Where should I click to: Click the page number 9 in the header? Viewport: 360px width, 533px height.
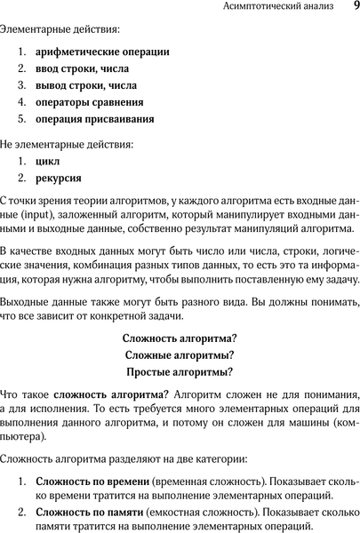pos(355,8)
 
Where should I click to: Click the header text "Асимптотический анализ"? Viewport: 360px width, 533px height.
pos(278,9)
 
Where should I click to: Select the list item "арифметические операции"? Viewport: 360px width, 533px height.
pos(103,52)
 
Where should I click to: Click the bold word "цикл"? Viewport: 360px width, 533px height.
pos(48,163)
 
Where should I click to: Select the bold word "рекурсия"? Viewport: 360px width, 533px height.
pos(58,180)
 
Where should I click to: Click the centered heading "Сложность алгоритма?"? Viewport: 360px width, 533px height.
pos(180,338)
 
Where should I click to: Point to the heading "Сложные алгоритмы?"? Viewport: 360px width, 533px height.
pos(180,355)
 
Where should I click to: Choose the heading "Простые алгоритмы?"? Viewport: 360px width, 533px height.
pos(180,372)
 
